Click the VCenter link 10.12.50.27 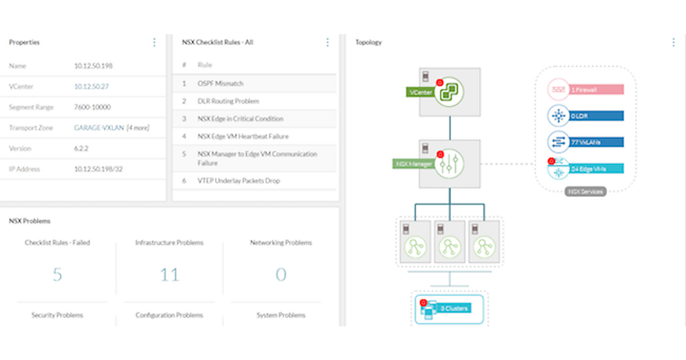[91, 87]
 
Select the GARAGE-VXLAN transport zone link [99, 128]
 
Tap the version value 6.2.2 [81, 149]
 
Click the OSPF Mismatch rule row [220, 83]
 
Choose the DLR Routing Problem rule [228, 101]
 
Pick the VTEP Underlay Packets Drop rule [238, 181]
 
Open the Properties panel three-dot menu [154, 42]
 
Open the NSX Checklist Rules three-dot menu [328, 42]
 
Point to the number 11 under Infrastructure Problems [169, 275]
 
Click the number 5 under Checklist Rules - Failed [57, 275]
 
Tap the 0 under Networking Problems [281, 275]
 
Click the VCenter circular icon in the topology [449, 92]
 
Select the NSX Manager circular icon [449, 164]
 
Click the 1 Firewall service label [595, 90]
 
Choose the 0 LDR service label [595, 117]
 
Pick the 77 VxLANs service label [595, 142]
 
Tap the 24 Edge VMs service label [595, 169]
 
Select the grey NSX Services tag [585, 192]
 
